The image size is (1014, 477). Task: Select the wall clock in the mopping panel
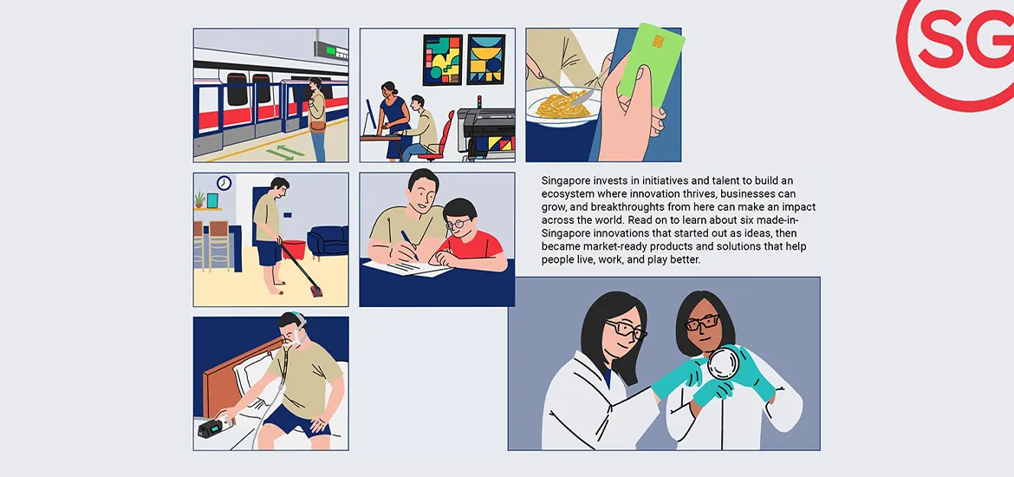pos(224,183)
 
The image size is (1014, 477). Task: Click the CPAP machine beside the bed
pos(212,430)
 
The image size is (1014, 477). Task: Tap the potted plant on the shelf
pos(201,199)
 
